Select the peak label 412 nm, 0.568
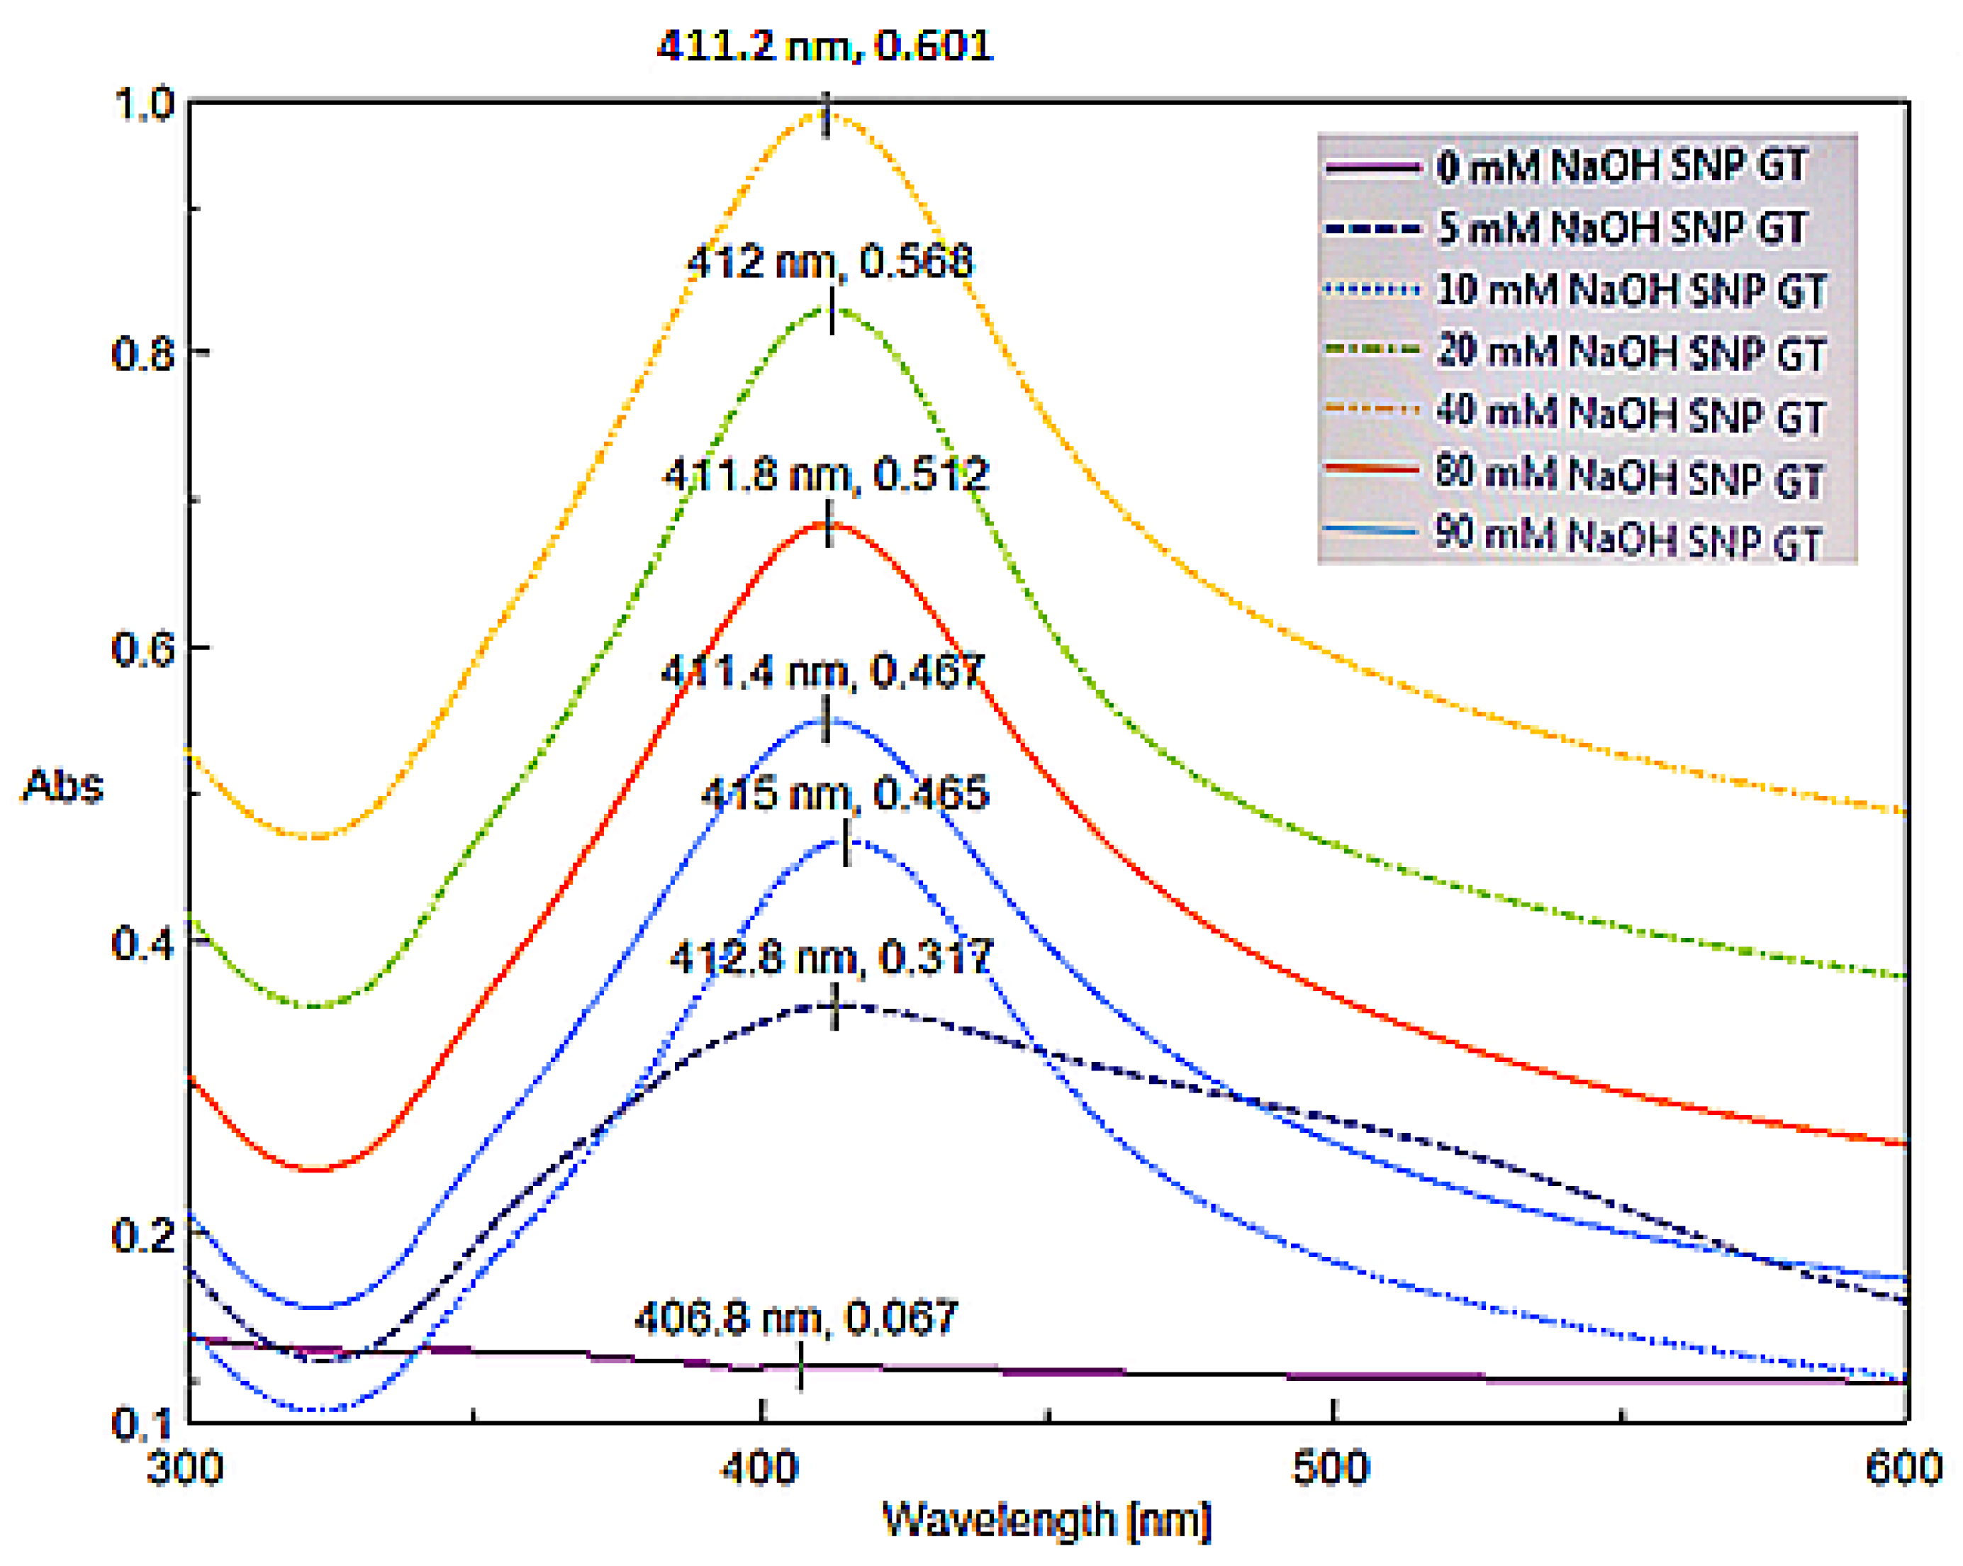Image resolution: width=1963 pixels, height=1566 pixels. pyautogui.click(x=829, y=262)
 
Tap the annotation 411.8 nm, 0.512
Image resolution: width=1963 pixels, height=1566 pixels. pyautogui.click(x=826, y=475)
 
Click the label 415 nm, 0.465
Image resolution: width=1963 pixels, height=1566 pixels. pyautogui.click(x=844, y=794)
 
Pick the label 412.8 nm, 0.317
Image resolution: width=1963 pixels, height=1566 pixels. pyautogui.click(x=830, y=958)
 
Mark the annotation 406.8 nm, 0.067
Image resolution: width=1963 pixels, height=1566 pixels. pyautogui.click(x=795, y=1317)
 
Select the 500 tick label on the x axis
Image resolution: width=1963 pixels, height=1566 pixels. pyautogui.click(x=1331, y=1467)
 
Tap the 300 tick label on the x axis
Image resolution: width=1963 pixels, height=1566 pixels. pyautogui.click(x=185, y=1467)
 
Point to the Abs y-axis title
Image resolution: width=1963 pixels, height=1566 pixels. pyautogui.click(x=62, y=785)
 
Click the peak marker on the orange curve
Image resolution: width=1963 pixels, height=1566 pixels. pyautogui.click(x=827, y=115)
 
